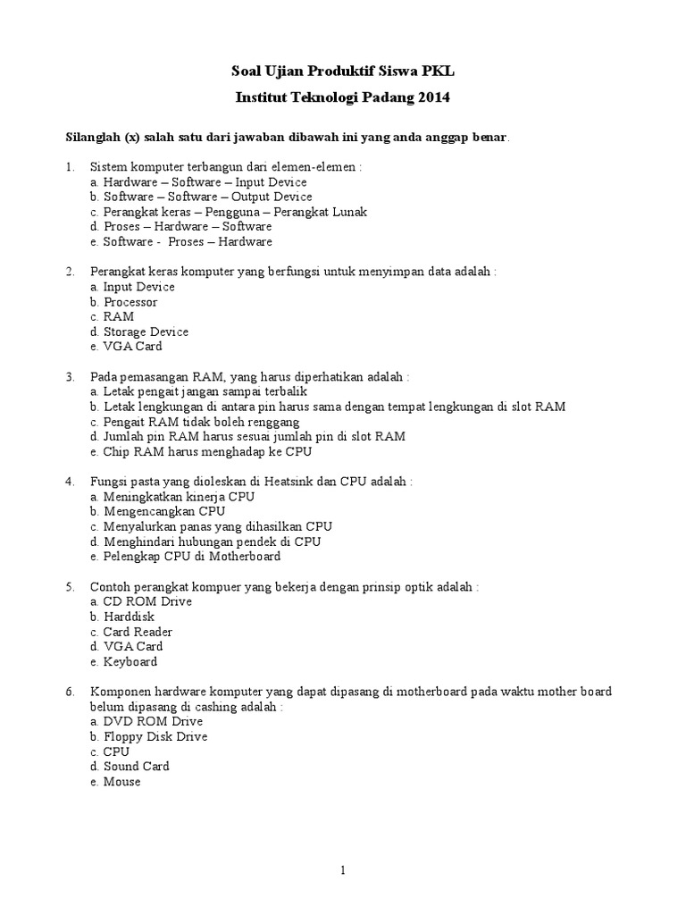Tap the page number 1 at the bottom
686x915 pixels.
pos(343,870)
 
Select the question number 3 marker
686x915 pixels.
pos(70,377)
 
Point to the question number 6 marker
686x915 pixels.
pos(70,693)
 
